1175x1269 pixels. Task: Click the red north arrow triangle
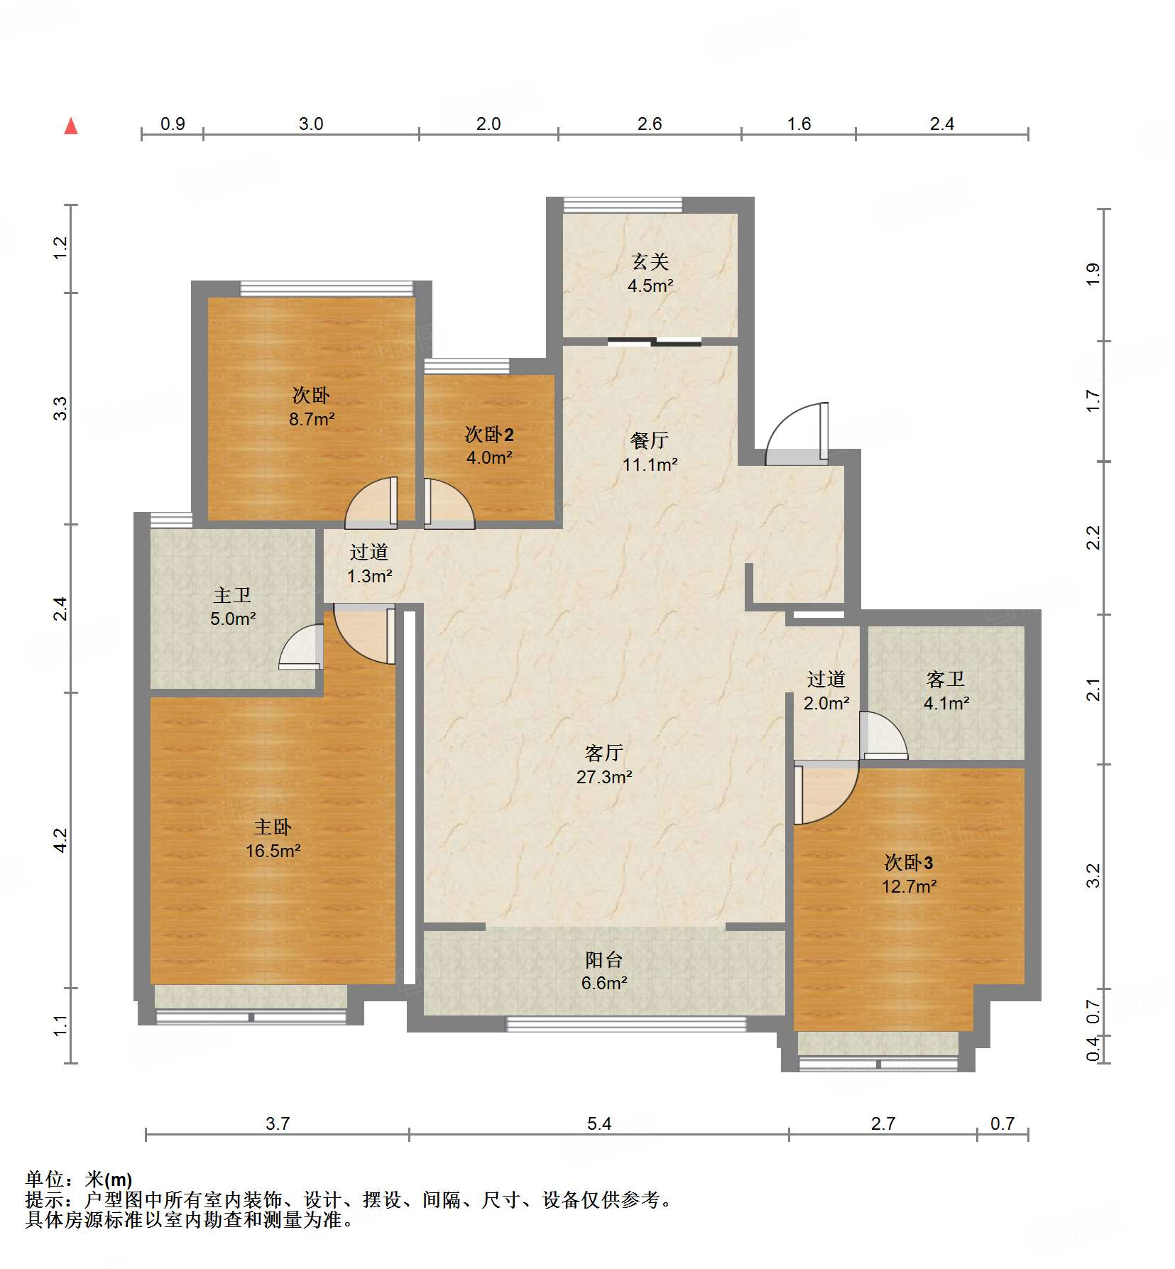point(71,126)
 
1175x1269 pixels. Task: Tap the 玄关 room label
point(650,262)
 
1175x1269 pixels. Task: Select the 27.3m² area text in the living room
point(604,777)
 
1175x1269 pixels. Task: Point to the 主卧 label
point(273,827)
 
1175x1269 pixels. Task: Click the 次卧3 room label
point(909,863)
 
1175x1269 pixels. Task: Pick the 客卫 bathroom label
point(946,680)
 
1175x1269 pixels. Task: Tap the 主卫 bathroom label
point(232,595)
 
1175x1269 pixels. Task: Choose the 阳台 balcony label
point(604,959)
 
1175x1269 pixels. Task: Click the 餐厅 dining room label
point(650,440)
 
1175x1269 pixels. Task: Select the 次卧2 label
point(489,434)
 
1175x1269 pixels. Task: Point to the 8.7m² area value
point(312,419)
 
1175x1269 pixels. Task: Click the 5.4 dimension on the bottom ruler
point(599,1123)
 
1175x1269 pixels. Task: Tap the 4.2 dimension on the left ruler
point(61,841)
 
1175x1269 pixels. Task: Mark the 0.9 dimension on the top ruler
point(173,124)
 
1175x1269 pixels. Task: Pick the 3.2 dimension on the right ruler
point(1093,875)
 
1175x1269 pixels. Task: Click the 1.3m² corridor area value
point(369,576)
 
